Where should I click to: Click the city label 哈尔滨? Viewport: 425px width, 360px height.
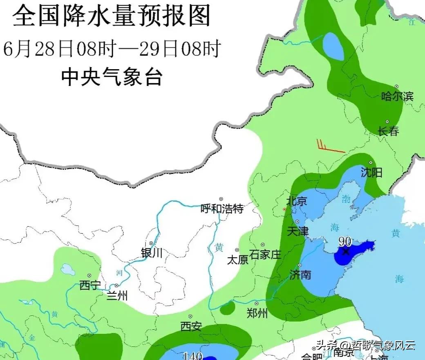coord(397,97)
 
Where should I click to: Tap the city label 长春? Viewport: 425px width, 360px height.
coord(388,132)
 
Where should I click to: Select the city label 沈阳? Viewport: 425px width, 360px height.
coord(371,173)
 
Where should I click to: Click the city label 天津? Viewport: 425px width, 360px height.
coord(297,231)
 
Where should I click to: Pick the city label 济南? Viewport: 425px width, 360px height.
coord(300,274)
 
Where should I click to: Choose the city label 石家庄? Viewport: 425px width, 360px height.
coord(265,254)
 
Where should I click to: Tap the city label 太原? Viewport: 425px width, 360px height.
coord(237,260)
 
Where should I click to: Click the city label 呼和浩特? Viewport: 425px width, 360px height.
coord(222,209)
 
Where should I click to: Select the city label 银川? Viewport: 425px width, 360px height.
coord(152,253)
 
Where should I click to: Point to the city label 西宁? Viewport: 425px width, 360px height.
coord(90,286)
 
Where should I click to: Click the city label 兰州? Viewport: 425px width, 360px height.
coord(117,295)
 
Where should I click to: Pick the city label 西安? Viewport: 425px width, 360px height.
coord(191,326)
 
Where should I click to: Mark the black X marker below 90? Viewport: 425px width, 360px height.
coord(346,251)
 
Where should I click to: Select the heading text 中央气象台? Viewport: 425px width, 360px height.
coord(112,77)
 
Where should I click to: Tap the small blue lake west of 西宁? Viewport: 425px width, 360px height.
coord(66,269)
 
